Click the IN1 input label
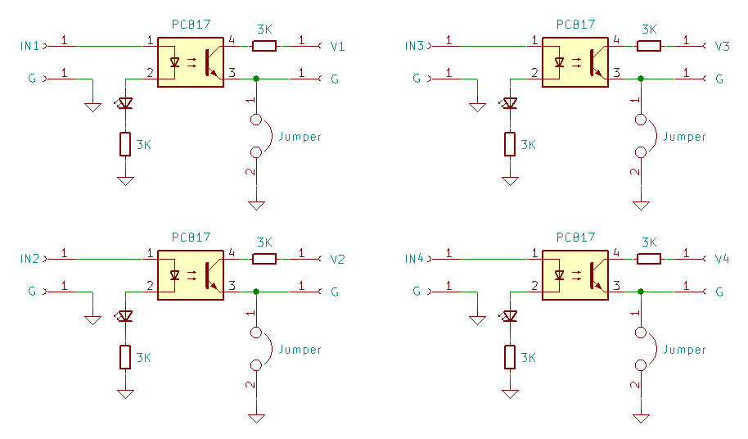click(x=29, y=46)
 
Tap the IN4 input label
click(x=414, y=259)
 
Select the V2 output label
click(x=337, y=259)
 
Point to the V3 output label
click(x=723, y=47)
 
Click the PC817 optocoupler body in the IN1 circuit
click(x=191, y=62)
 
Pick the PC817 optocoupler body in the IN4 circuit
click(x=575, y=275)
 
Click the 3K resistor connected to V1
click(x=264, y=46)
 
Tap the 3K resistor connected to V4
click(x=649, y=259)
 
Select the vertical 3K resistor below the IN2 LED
click(x=125, y=357)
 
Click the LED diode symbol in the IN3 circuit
click(x=510, y=102)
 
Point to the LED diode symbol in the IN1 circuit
click(x=125, y=102)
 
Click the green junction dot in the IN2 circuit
click(x=256, y=291)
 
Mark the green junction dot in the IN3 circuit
click(x=641, y=79)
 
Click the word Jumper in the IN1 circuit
click(x=300, y=137)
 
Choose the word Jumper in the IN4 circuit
click(x=684, y=350)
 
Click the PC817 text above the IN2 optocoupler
click(x=191, y=238)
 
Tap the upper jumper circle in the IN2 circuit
click(x=256, y=332)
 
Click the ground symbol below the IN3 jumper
click(x=641, y=206)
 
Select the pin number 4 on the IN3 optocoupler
click(x=616, y=39)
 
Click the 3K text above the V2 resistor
click(x=264, y=242)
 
